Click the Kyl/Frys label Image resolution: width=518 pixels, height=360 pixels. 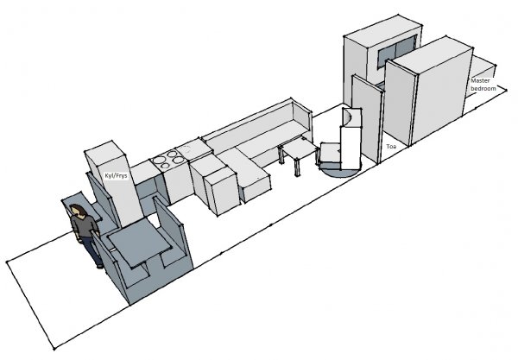(x=116, y=176)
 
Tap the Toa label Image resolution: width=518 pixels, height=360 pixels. (x=391, y=146)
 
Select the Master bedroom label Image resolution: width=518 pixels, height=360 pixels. (x=483, y=85)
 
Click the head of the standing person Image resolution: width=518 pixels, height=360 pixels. (x=78, y=211)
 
